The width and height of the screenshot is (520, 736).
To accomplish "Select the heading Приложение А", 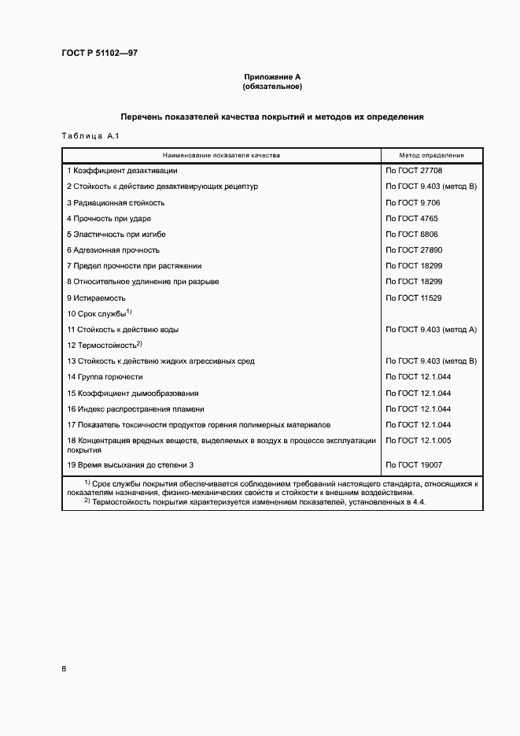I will [x=272, y=77].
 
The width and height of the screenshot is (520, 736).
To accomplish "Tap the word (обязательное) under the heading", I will [x=272, y=86].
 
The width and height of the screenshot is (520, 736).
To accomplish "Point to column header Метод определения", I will [x=431, y=156].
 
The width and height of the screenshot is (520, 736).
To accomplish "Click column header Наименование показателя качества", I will [x=221, y=156].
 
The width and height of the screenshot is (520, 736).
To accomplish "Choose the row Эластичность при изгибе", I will [x=116, y=235].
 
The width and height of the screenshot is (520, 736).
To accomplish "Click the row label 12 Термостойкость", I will [x=104, y=346].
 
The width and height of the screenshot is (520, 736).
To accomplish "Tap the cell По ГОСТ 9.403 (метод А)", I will [x=431, y=330].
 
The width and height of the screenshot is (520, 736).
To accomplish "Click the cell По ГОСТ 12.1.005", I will [x=418, y=441].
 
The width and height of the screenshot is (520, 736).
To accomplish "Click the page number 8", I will [x=64, y=668].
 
